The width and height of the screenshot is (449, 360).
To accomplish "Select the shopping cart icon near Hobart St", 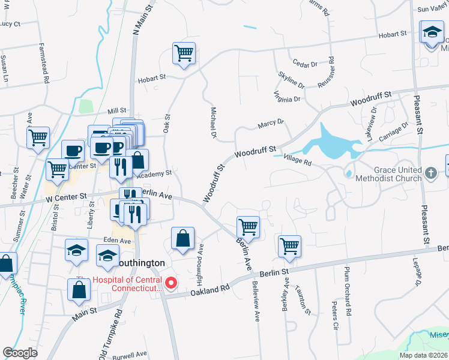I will (184, 53).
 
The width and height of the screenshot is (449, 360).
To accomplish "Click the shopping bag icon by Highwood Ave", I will (182, 238).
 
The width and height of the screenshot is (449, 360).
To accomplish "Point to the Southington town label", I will (139, 263).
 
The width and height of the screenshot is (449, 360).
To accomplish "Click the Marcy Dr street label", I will (270, 124).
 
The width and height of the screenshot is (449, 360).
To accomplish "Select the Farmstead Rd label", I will (44, 62).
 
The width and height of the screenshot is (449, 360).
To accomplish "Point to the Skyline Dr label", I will (292, 80).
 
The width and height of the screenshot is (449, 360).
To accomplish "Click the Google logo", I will (20, 353).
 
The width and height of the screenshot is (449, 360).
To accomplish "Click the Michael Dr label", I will (213, 124).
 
